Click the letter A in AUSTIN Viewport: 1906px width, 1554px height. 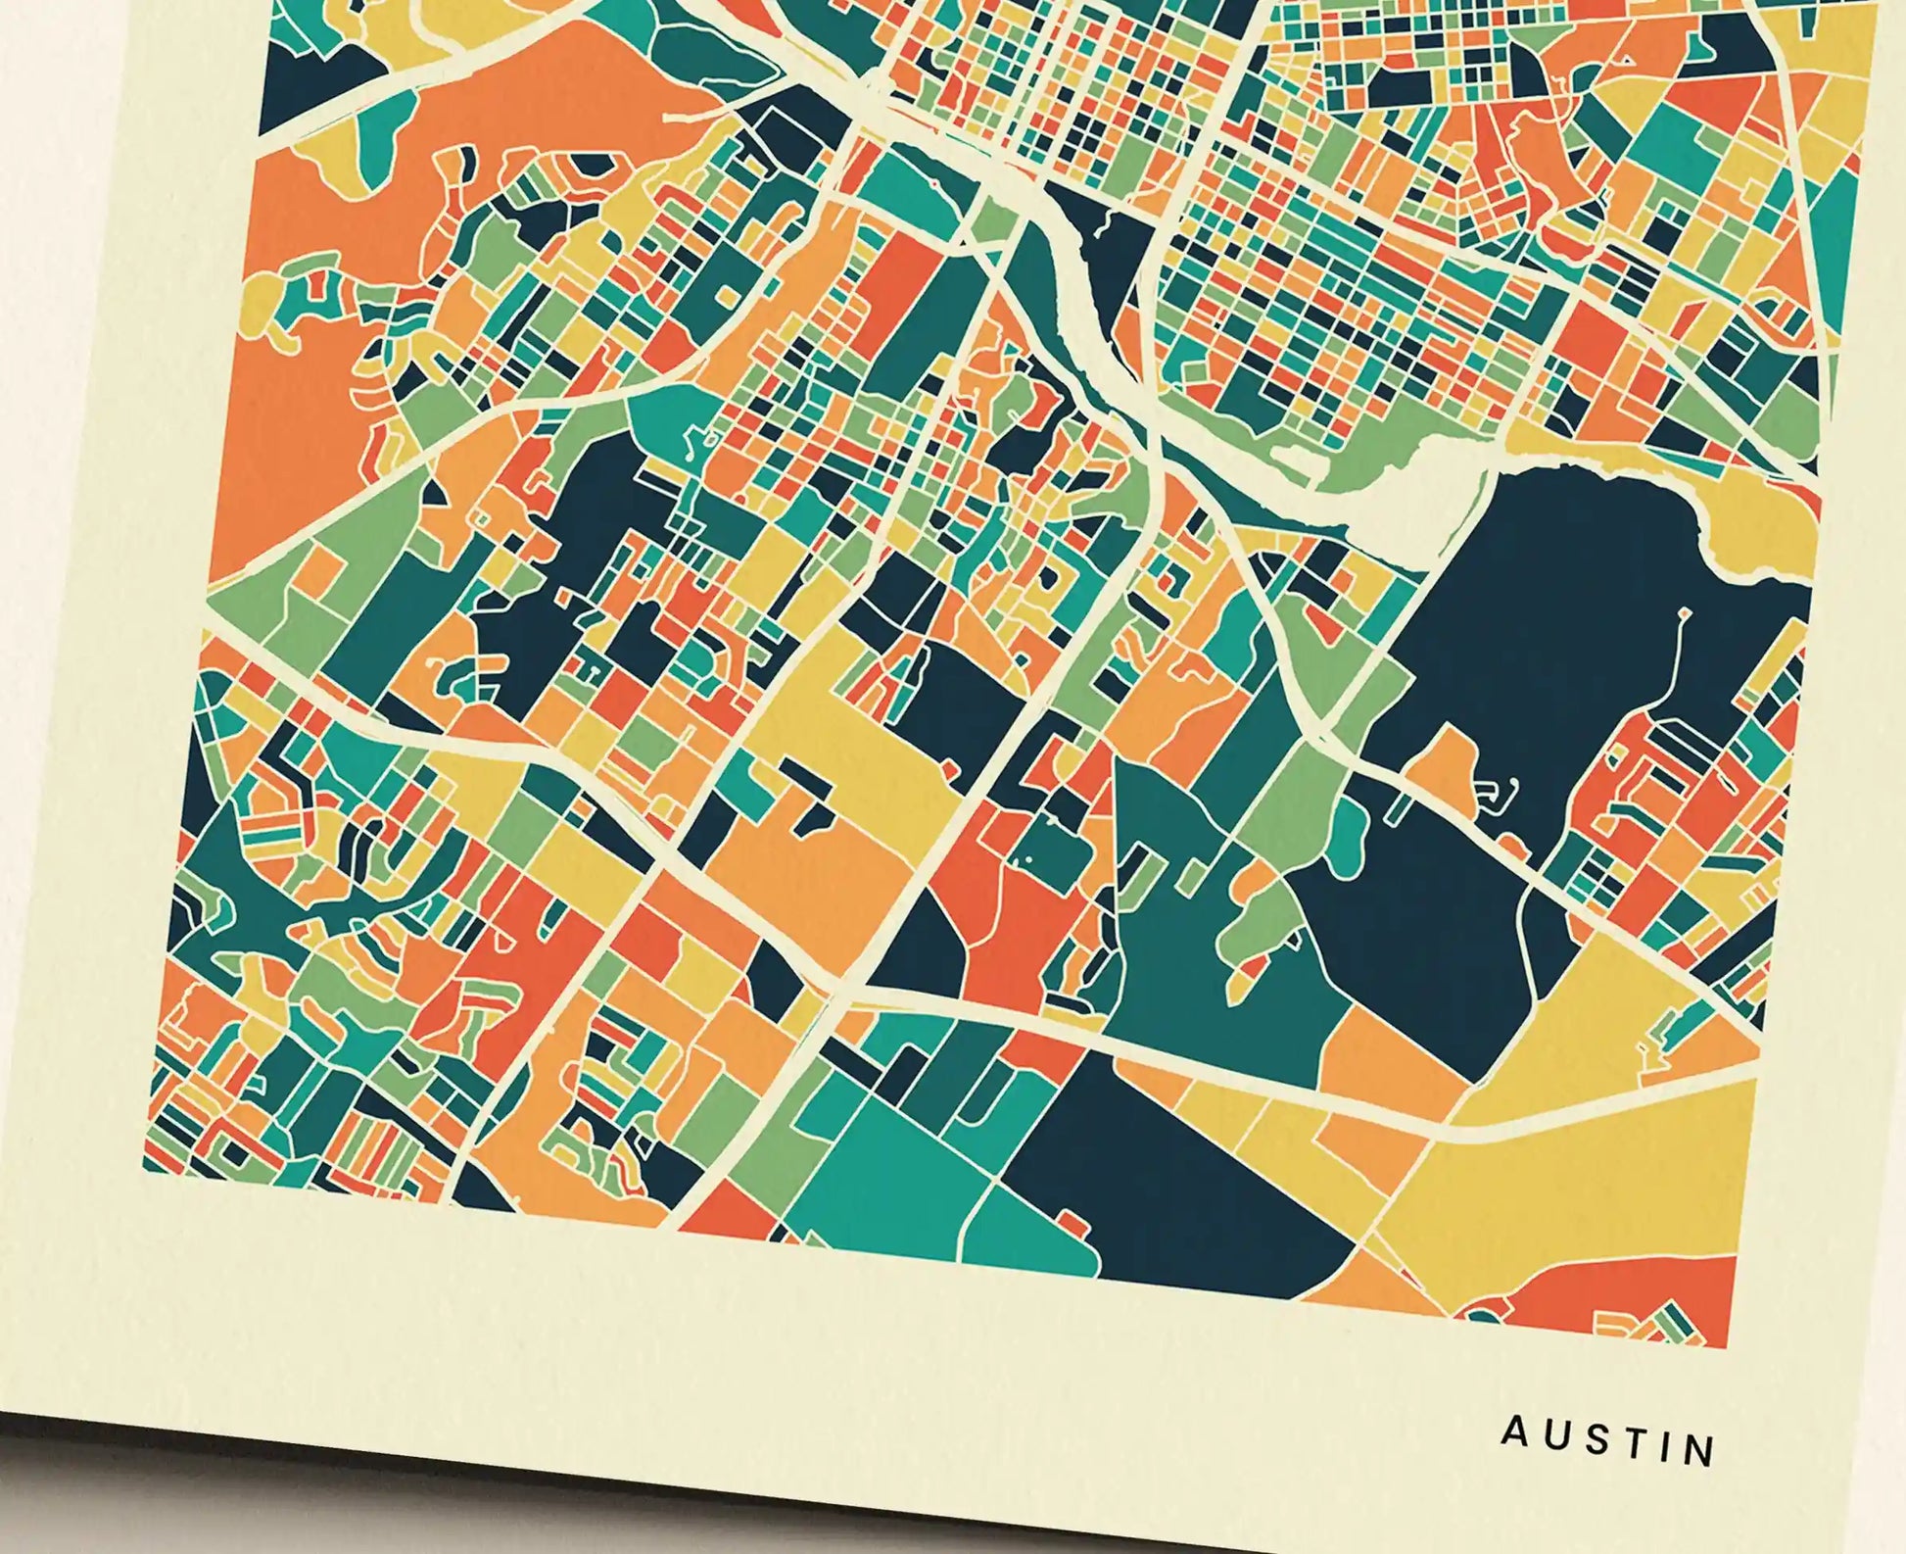(x=1514, y=1433)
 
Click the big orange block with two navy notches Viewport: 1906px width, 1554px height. (x=813, y=862)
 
